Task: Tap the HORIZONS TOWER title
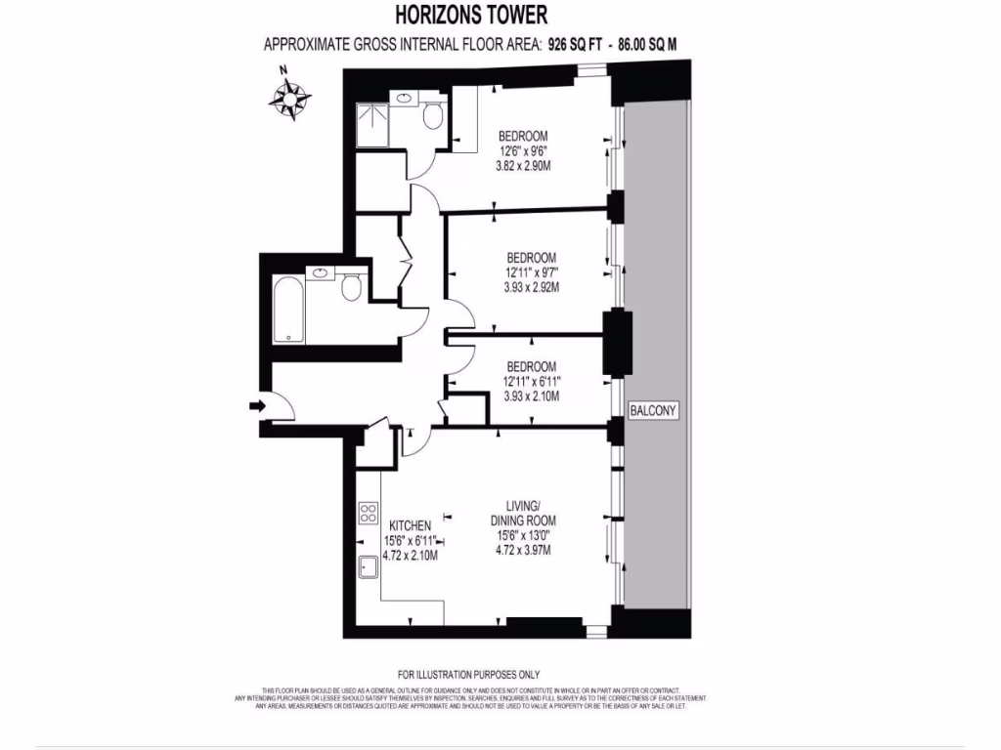[x=472, y=16]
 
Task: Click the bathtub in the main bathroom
[x=288, y=311]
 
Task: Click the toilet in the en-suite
[x=434, y=117]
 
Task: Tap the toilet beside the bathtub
[x=352, y=287]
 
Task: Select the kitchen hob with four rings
[x=369, y=513]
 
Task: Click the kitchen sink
[x=369, y=566]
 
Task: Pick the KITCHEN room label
[x=410, y=525]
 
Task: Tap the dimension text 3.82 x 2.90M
[x=523, y=166]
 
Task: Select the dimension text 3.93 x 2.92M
[x=531, y=288]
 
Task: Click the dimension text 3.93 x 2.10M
[x=531, y=396]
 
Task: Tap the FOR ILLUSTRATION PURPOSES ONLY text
[x=468, y=675]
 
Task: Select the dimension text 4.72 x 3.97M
[x=523, y=550]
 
